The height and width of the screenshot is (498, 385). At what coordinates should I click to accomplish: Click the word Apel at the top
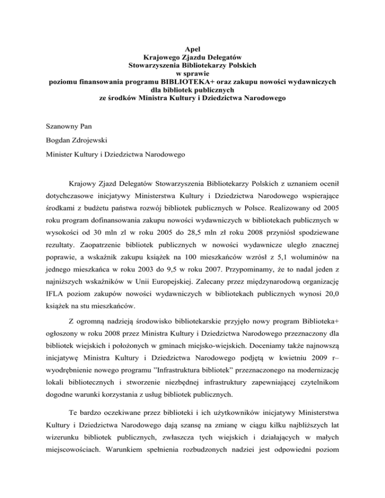click(193, 49)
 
